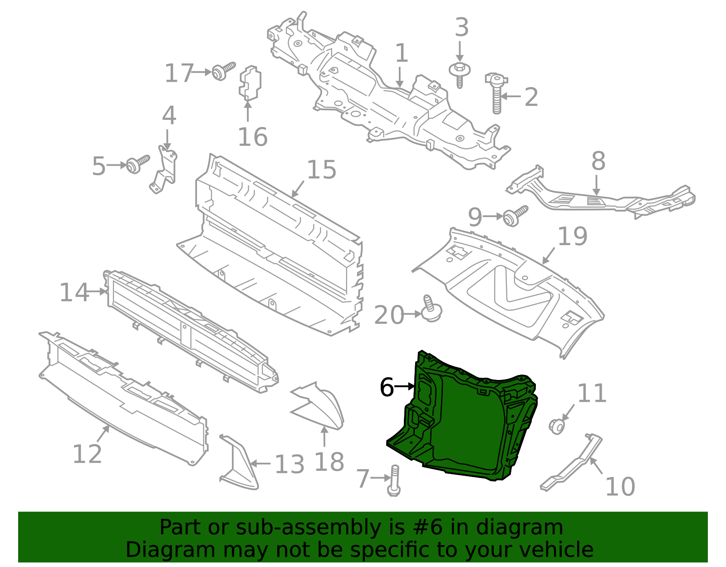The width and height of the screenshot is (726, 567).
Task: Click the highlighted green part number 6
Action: (467, 427)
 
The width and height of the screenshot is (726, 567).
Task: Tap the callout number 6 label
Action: (387, 387)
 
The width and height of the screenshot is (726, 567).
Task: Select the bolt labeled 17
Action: (223, 71)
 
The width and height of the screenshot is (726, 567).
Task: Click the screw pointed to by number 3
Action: (460, 74)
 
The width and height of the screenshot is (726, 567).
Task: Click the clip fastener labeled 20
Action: (431, 310)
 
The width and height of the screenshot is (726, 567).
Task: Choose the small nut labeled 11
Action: (557, 426)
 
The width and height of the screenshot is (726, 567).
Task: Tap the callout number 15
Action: (321, 170)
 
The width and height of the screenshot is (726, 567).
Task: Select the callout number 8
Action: (598, 161)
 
